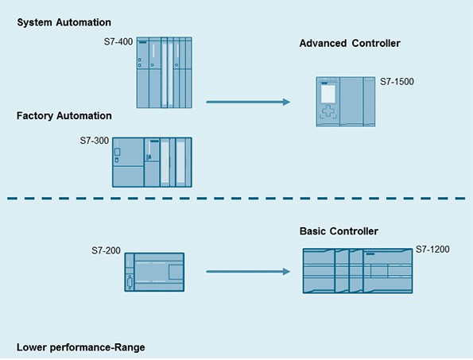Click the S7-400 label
[x=118, y=41]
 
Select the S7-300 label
[x=94, y=141]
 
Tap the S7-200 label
[x=106, y=250]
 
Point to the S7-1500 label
[x=397, y=82]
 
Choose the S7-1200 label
[x=432, y=250]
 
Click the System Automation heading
[x=64, y=22]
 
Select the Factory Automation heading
[x=64, y=116]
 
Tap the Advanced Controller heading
[x=350, y=44]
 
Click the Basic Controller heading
[x=339, y=231]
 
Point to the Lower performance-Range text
[x=80, y=347]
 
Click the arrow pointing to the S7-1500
[x=248, y=102]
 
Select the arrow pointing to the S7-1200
[x=248, y=272]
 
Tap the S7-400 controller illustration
[x=164, y=72]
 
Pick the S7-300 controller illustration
[x=152, y=162]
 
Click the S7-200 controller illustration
[x=154, y=272]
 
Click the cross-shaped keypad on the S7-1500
[x=328, y=111]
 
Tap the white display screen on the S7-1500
[x=328, y=94]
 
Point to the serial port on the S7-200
[x=130, y=283]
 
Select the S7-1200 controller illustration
[x=358, y=271]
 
